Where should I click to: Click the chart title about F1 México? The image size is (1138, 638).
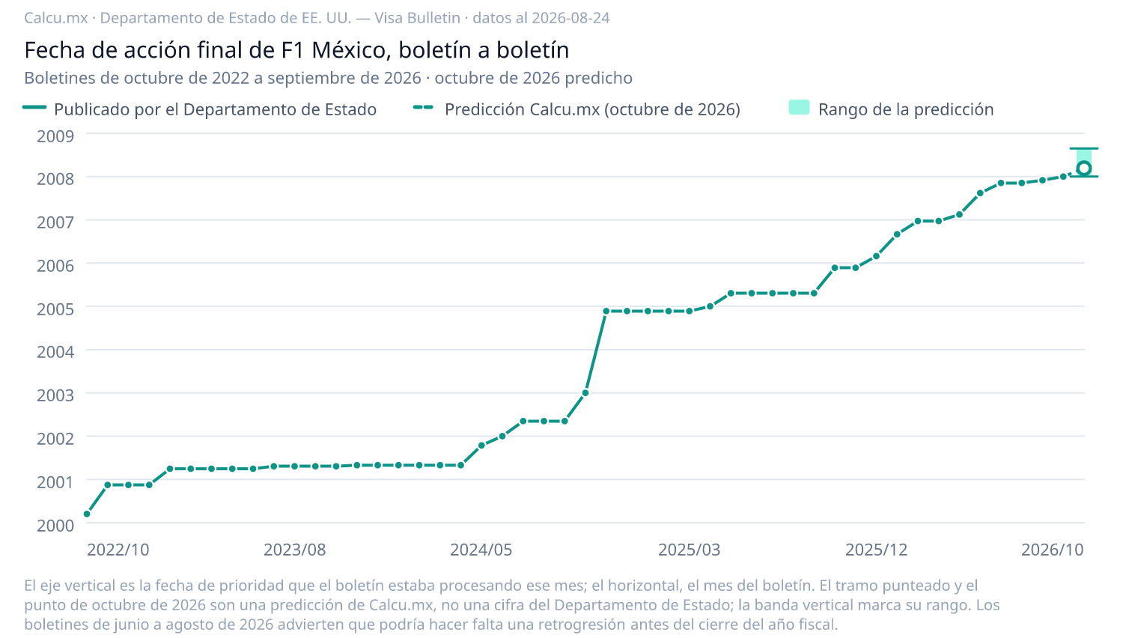(296, 50)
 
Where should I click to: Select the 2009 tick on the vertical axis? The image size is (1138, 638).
(55, 136)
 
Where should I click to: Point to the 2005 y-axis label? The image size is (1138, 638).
(55, 309)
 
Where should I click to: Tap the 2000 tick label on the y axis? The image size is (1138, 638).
(55, 525)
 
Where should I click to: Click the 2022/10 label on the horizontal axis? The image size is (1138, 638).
(118, 550)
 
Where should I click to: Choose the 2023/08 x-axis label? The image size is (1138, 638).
(295, 550)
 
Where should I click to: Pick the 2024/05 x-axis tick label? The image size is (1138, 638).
(481, 550)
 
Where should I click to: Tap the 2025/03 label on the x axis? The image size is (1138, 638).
(690, 550)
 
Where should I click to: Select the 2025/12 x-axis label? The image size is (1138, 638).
(877, 550)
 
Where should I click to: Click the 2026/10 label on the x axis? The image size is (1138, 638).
(1053, 550)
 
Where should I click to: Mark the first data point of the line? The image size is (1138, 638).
(87, 514)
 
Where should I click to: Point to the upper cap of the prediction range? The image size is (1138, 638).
(1084, 148)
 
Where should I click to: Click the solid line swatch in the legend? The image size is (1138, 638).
(34, 108)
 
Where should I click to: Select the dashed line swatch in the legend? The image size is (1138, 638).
(423, 108)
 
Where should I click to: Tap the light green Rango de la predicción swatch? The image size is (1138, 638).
(799, 108)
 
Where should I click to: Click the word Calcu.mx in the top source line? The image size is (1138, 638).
(56, 18)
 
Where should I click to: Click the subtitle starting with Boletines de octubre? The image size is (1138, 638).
(328, 78)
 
